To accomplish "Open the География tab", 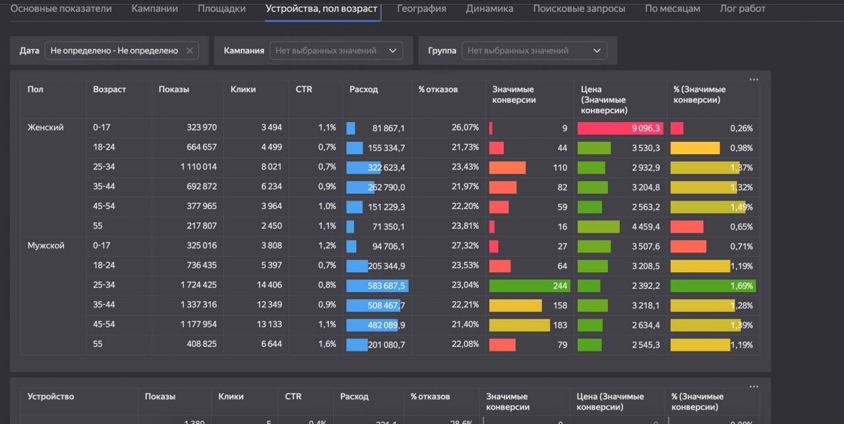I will click(x=421, y=9).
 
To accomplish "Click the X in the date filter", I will click(x=190, y=51).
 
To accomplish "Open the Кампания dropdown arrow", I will click(x=393, y=51).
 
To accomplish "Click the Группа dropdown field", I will click(x=534, y=51).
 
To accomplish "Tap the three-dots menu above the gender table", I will click(x=754, y=80).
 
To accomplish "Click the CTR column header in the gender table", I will click(x=303, y=90).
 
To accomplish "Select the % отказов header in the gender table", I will click(x=438, y=90).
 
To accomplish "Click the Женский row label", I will click(x=45, y=127).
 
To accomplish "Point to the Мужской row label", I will click(x=45, y=246).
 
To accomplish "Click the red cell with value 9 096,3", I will click(x=620, y=128).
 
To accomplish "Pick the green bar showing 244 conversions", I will click(x=529, y=286).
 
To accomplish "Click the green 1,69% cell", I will click(x=712, y=286).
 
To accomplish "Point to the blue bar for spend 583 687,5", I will click(x=377, y=286).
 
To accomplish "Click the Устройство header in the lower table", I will click(x=51, y=396).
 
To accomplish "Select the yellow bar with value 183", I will click(x=519, y=325).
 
